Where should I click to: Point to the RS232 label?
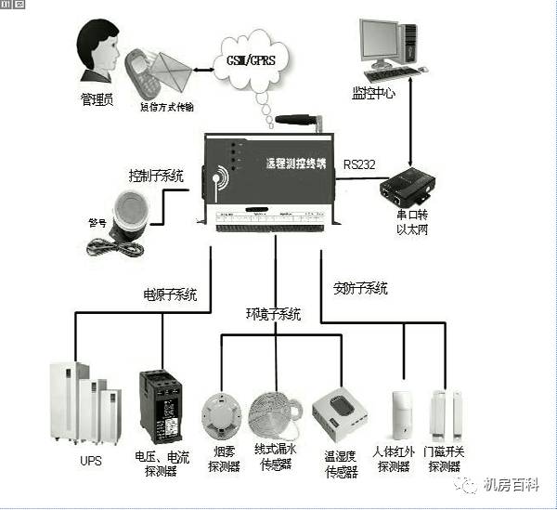point(359,164)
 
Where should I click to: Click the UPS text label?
point(90,461)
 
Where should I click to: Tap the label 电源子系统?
point(170,295)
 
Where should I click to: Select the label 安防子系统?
point(359,288)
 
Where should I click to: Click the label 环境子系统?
point(273,314)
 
